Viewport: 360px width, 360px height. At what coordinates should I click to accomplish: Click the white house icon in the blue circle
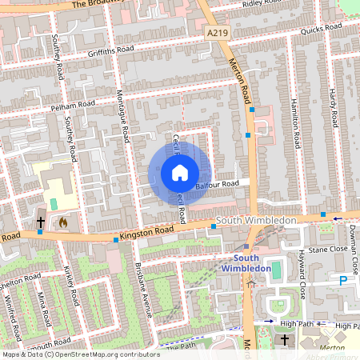point(179,173)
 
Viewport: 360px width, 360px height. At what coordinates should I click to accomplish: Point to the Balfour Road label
point(217,183)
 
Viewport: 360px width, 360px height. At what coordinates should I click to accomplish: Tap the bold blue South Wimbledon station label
point(248,263)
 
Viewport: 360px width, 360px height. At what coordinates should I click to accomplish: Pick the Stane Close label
point(328,249)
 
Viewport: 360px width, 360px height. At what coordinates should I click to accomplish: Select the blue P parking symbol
point(342,282)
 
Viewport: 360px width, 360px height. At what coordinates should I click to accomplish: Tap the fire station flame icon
point(62,221)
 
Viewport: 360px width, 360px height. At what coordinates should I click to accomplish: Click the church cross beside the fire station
point(40,221)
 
